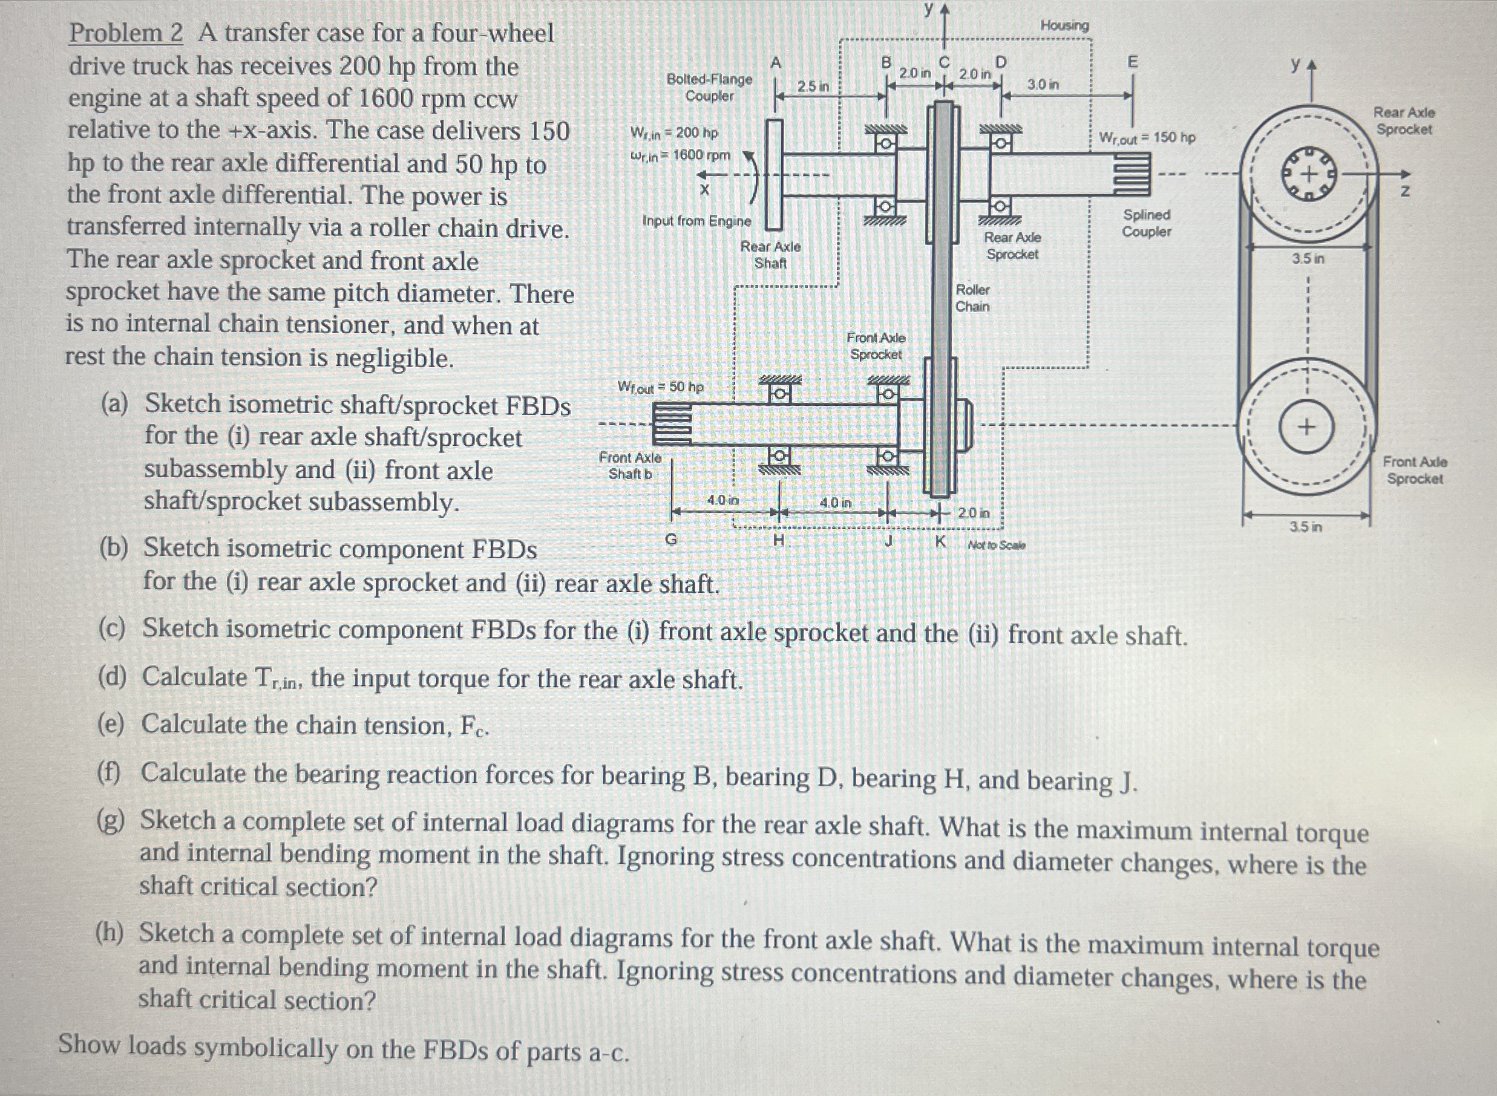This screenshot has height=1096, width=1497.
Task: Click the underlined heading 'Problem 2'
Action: coord(125,33)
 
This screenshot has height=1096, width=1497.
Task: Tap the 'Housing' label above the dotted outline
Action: coord(1064,25)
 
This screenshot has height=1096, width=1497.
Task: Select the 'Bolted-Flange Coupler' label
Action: coord(709,88)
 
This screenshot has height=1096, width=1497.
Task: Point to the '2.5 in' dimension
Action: coord(813,86)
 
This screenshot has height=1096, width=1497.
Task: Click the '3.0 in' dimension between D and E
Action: coord(1043,84)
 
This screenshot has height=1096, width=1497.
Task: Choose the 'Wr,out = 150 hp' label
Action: coord(1147,137)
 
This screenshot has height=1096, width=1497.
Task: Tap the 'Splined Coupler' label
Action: coord(1146,223)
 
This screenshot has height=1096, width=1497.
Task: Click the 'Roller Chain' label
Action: coord(972,298)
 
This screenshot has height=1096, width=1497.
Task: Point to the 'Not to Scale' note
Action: coord(996,546)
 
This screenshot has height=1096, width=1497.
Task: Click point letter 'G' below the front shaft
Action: coord(671,540)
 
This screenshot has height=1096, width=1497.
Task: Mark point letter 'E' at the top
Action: coord(1132,62)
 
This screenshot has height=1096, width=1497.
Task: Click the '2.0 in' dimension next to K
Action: coord(974,513)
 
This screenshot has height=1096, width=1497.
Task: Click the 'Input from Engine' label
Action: coord(696,221)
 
